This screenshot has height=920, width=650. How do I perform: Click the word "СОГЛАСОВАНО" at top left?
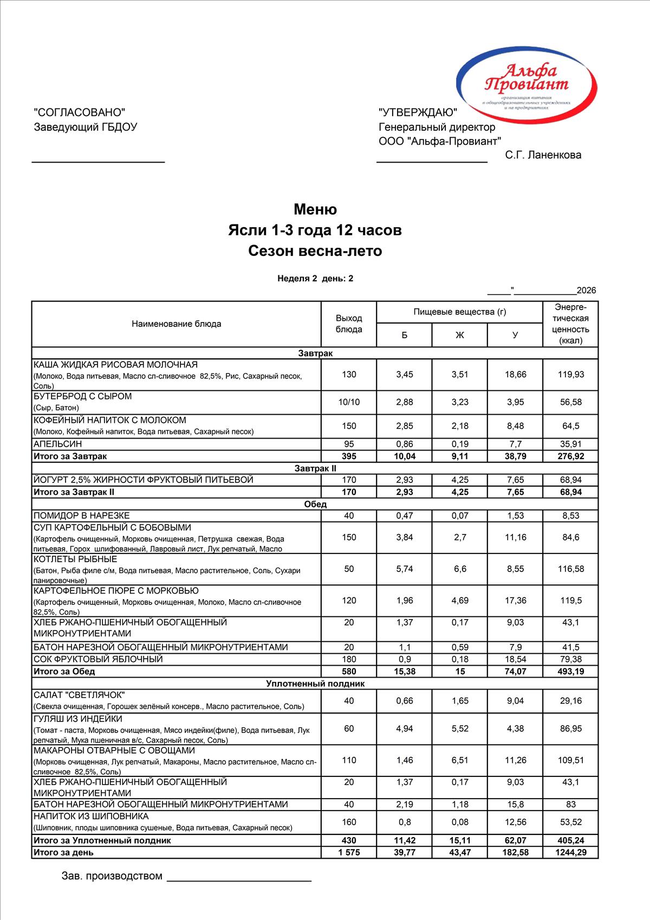[79, 112]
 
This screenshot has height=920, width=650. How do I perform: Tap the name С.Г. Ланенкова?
[543, 155]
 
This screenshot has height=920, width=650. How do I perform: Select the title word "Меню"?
[315, 209]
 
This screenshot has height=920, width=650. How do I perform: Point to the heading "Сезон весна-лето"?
[315, 251]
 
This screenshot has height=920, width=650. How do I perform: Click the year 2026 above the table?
[586, 291]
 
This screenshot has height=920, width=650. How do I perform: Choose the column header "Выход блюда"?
[349, 324]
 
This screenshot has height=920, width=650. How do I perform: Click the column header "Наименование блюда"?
[176, 324]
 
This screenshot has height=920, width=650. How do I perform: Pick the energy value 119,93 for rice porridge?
[571, 375]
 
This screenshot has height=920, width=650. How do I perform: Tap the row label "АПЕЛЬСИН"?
[58, 444]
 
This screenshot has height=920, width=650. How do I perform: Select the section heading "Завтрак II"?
[315, 468]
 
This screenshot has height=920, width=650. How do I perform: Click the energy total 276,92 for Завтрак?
[571, 456]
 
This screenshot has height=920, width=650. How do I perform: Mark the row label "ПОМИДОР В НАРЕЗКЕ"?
[82, 516]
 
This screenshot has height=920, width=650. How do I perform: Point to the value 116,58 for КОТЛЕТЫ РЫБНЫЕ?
[571, 569]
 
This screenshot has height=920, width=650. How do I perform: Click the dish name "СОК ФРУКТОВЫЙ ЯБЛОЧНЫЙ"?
[98, 659]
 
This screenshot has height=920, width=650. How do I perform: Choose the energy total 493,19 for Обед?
[571, 672]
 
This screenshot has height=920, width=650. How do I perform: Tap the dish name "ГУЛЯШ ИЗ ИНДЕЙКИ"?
[78, 719]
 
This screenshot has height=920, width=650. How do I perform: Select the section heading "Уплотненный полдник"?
[315, 684]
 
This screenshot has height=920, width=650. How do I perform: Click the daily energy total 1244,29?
[571, 852]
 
